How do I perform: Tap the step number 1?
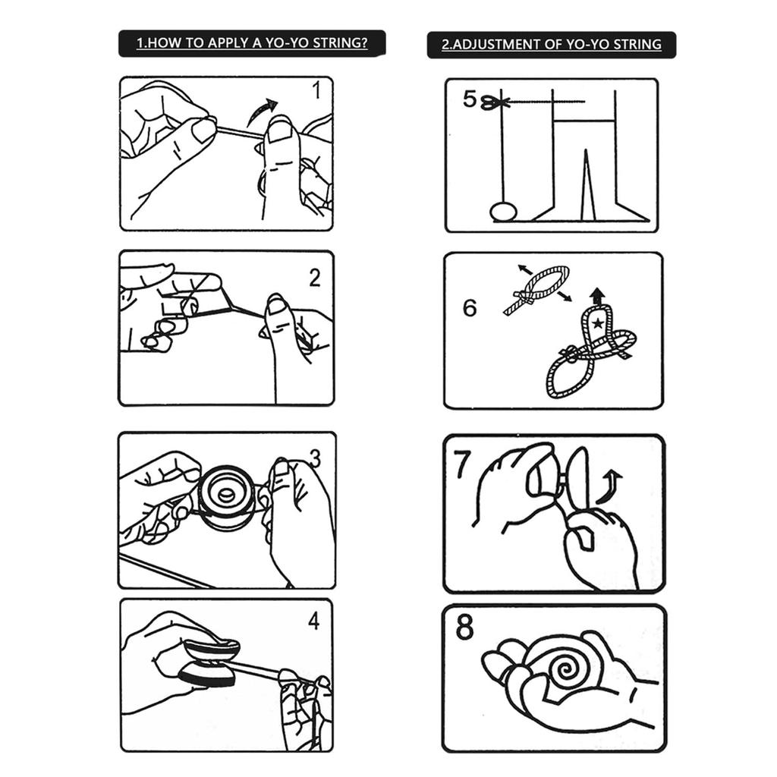[316, 91]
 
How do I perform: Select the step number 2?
[315, 278]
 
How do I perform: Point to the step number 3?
[315, 459]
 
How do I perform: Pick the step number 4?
[314, 621]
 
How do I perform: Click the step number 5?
[470, 99]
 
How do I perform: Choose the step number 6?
[470, 309]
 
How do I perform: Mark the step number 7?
[464, 465]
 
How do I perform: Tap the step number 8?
[464, 628]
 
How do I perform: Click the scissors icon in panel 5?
[494, 102]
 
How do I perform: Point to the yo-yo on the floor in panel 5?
[502, 211]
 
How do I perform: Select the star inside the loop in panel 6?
[598, 325]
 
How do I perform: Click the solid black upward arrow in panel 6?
[598, 296]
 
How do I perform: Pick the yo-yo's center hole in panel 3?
[226, 495]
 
